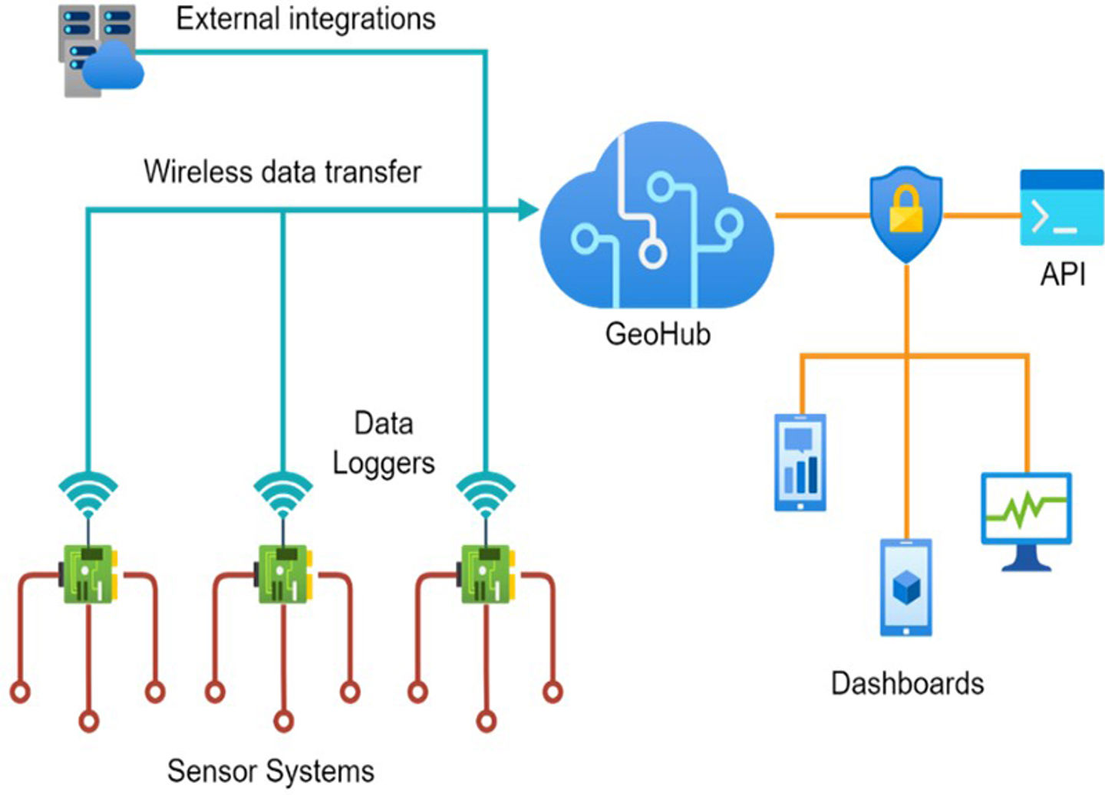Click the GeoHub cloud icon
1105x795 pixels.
tap(656, 222)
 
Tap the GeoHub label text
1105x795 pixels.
tap(658, 334)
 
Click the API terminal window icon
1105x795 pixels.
tap(1061, 208)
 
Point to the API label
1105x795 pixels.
tap(1063, 274)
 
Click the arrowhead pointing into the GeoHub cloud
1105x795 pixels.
tap(528, 209)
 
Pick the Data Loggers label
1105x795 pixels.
tap(383, 443)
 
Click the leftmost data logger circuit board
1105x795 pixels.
tap(90, 573)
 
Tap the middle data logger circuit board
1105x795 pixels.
tap(284, 573)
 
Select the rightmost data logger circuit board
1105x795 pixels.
tap(486, 573)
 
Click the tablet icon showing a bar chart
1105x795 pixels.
tap(800, 462)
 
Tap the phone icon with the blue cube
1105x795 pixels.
tap(905, 588)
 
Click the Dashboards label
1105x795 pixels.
tap(907, 683)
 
